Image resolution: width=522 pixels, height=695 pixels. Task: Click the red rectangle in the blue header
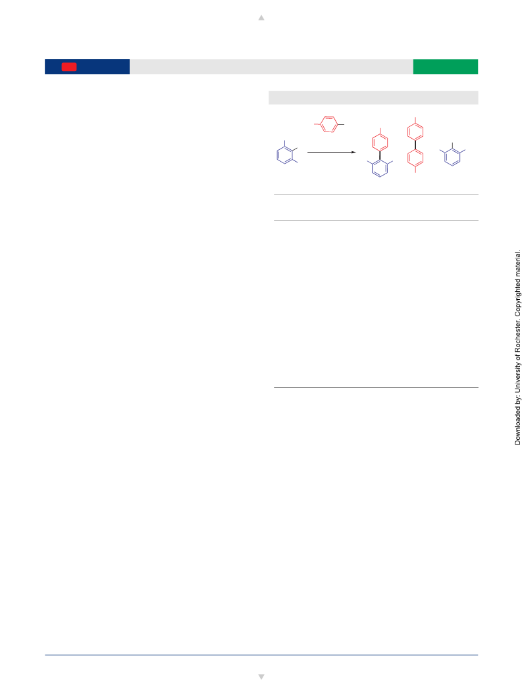click(69, 66)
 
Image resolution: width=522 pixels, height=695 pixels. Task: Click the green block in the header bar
click(445, 66)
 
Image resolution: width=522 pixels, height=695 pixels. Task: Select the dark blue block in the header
click(87, 66)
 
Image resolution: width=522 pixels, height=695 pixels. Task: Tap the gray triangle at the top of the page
click(261, 18)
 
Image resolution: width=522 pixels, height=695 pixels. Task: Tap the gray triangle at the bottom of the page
click(261, 677)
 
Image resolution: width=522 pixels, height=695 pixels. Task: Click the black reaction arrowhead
click(353, 153)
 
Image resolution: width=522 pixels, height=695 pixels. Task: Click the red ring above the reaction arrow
click(329, 124)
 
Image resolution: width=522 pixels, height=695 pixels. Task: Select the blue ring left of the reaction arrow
click(284, 155)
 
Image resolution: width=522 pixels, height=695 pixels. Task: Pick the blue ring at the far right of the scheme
click(452, 157)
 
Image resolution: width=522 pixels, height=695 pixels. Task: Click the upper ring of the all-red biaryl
click(415, 132)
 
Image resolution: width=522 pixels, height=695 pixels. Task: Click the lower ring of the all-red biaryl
click(415, 158)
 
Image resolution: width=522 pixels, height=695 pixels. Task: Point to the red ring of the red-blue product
click(380, 143)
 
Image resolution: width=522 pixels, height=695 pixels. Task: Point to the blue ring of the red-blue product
click(380, 168)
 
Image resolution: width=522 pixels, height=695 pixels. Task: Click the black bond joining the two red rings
click(415, 145)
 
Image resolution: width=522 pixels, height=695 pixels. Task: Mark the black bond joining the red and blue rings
click(380, 156)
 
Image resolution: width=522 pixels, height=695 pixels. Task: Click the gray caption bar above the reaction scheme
click(373, 97)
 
